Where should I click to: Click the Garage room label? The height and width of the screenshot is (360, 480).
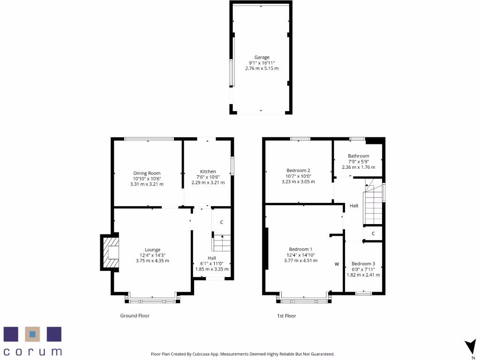tap(262, 57)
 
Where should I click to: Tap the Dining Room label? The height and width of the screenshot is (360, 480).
tap(147, 173)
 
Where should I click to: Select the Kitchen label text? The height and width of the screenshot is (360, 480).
tap(208, 171)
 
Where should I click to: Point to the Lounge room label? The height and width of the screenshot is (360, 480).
tap(152, 249)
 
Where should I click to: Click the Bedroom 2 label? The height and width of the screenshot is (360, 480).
tap(298, 170)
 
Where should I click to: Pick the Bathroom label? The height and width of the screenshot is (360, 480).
tap(358, 156)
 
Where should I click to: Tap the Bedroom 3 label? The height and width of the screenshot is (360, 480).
tap(363, 263)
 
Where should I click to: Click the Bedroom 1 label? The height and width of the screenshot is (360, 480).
tap(300, 249)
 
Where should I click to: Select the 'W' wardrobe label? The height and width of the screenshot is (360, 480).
tap(337, 264)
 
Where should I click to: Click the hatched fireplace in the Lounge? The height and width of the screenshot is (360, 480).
tap(110, 253)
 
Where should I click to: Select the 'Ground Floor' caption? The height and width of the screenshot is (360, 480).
tap(135, 316)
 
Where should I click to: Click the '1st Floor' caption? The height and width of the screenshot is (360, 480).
tap(286, 316)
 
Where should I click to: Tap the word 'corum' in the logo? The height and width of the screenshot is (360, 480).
tap(33, 351)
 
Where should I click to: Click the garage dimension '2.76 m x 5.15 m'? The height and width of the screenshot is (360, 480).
tap(262, 68)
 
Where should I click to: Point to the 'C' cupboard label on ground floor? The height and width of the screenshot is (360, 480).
tap(221, 222)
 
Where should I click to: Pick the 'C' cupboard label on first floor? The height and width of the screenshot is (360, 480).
tap(373, 233)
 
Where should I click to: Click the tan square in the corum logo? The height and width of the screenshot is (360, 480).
tap(32, 334)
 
